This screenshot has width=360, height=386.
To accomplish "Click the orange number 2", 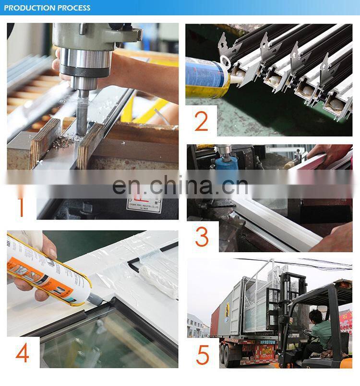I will click(201, 122).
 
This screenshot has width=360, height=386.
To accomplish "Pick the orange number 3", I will click(202, 237).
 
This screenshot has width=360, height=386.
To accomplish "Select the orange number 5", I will click(203, 354).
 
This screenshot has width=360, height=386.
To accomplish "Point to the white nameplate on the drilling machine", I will click(144, 204).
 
